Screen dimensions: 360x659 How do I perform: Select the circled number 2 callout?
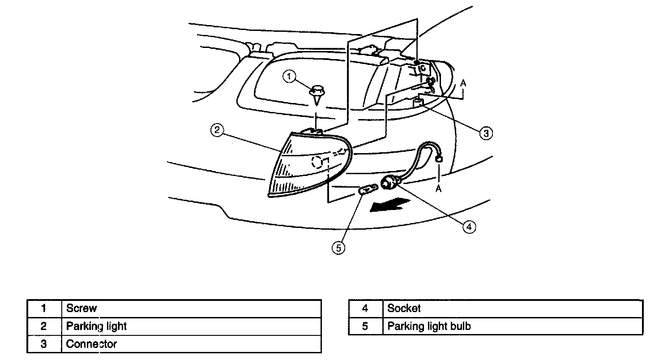pos(216,131)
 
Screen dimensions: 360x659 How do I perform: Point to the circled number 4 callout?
pos(468,227)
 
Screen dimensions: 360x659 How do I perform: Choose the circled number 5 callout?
pos(338,247)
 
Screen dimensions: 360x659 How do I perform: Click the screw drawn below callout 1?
pos(317,94)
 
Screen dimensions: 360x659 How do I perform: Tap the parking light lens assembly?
pos(304,166)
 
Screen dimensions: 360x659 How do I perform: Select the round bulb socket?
pos(388,184)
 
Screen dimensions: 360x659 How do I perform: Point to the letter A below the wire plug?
pos(439,189)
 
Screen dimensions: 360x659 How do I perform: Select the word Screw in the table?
pos(81,308)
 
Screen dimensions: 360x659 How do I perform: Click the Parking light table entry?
pos(96,326)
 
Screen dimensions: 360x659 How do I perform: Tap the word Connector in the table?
pos(91,344)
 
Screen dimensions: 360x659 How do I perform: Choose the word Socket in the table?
pos(404,308)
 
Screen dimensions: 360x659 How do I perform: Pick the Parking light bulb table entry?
pos(429,326)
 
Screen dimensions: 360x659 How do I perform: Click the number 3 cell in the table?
pos(43,344)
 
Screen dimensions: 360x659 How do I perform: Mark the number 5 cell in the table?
pos(365,326)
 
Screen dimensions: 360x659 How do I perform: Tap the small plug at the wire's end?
pos(439,158)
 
